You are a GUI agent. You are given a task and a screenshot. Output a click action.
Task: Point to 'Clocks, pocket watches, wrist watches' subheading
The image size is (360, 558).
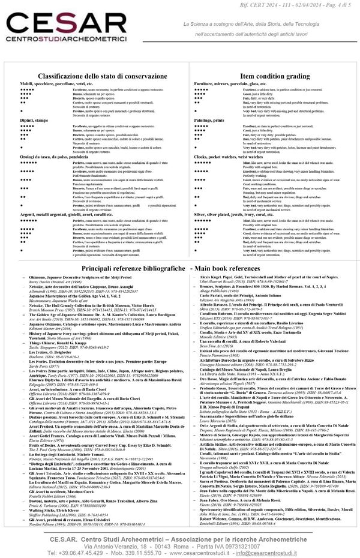tap(235, 157)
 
